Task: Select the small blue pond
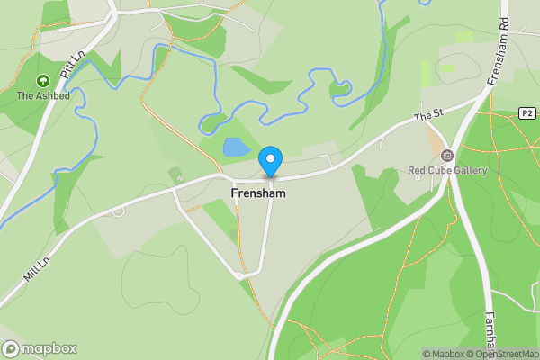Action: pos(236,147)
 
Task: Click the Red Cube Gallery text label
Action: pos(447,171)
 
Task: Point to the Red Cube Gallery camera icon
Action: pos(447,156)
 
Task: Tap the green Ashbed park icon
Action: pos(41,81)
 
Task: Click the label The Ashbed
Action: pos(41,95)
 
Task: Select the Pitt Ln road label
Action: pos(71,65)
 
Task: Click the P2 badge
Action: pos(527,113)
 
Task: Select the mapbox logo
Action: pos(40,348)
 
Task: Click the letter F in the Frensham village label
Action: pos(235,193)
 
